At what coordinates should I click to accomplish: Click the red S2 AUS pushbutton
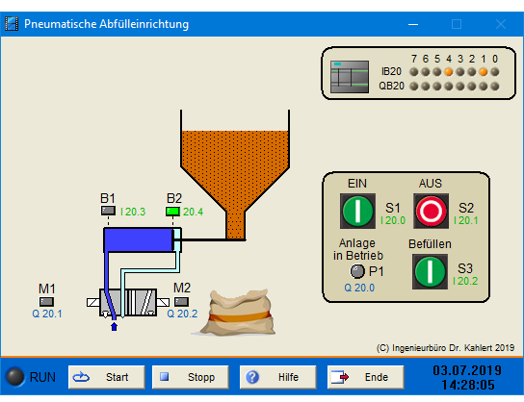coord(431,211)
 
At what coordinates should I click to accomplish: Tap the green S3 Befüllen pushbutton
coord(430,271)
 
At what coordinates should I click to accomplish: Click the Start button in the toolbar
coord(107,377)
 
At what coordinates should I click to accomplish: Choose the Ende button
coord(366,377)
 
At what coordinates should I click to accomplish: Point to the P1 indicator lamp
coord(357,271)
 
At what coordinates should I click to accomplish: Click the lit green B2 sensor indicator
coord(172,212)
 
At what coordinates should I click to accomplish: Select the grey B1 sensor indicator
coord(108,211)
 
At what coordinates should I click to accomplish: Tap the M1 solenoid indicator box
coord(47,302)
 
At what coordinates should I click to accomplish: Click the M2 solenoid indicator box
coord(181,302)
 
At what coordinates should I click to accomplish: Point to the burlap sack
coord(239,313)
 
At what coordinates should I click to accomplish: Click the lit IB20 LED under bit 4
coord(449,72)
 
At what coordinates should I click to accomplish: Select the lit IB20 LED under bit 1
coord(484,72)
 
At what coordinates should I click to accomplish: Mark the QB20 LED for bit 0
coord(495,87)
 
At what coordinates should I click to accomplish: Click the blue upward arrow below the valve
coord(114,326)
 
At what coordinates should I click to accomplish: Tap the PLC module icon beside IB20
coord(350,77)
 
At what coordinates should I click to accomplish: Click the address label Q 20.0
coord(359,288)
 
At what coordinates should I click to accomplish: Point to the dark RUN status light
coord(15,377)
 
